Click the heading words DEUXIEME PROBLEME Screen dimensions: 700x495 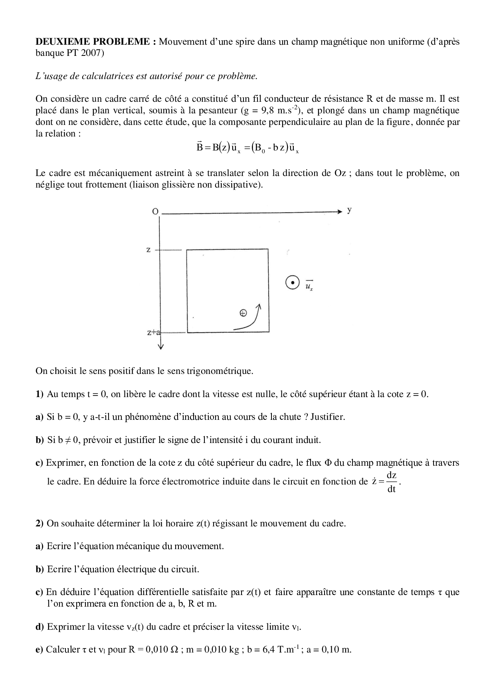tap(93, 42)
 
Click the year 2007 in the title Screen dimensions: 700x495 tap(92, 53)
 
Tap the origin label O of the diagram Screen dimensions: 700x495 tap(155, 212)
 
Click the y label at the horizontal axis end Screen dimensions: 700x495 tap(349, 210)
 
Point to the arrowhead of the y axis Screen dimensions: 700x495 tap(340, 212)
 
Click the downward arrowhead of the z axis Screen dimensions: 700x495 tap(160, 346)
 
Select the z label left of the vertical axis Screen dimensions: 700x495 tap(148, 250)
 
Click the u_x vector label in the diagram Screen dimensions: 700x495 tap(309, 285)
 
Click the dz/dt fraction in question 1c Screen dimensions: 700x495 tap(391, 482)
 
